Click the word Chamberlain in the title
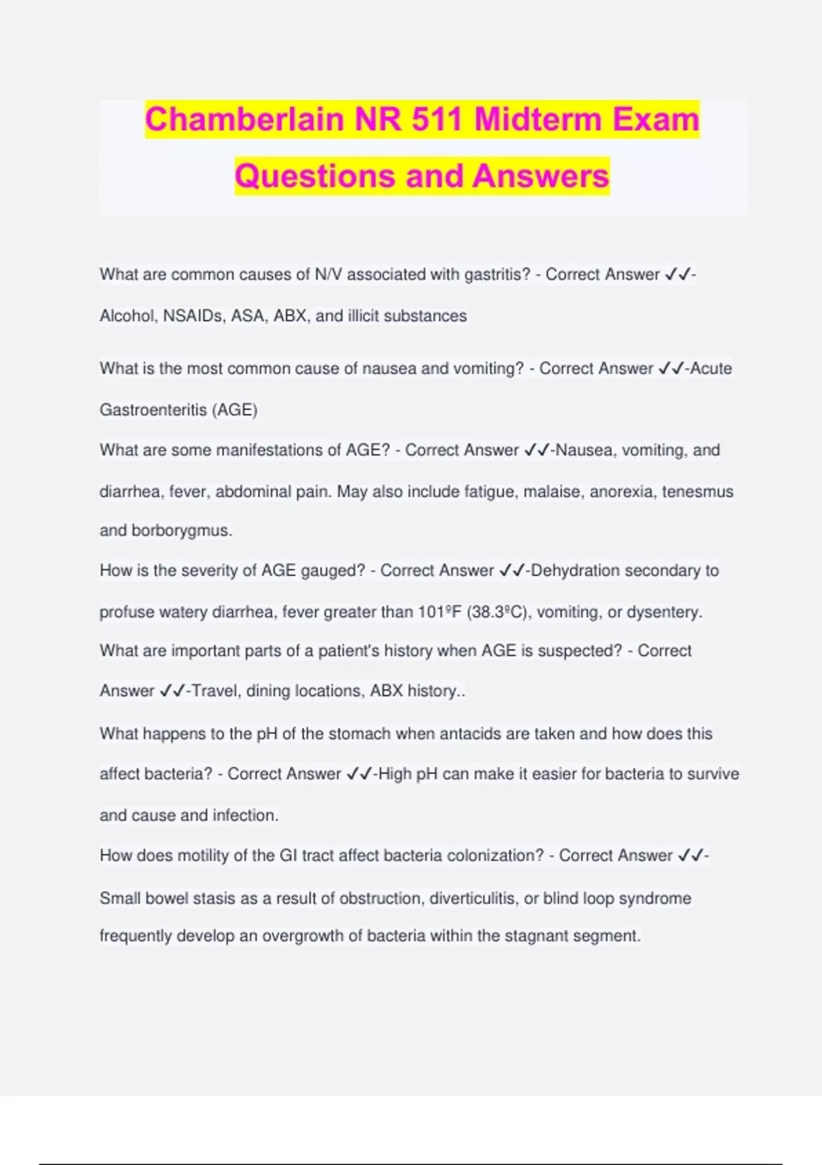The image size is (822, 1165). (243, 119)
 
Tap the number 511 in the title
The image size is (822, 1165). (437, 119)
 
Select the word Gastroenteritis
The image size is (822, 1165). (153, 410)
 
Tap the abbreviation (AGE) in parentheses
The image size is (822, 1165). (235, 410)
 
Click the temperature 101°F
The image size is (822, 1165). (439, 611)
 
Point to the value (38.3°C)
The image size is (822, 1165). (498, 611)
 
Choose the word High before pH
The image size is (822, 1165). (395, 774)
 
